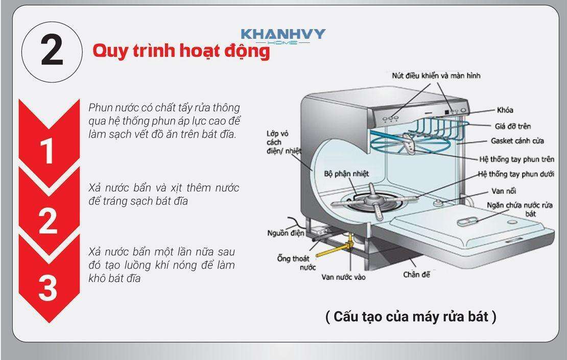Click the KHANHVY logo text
tap(283, 34)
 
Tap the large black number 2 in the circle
tap(52, 52)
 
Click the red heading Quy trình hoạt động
tap(181, 51)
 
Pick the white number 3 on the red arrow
tap(48, 287)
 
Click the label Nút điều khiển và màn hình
tap(436, 76)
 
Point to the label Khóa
tap(505, 110)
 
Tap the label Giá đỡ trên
tap(513, 126)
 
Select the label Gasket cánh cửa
tap(517, 140)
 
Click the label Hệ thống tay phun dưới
tap(516, 174)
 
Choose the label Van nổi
tap(503, 191)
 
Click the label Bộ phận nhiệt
tap(346, 174)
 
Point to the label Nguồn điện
tap(286, 233)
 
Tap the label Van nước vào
tap(344, 277)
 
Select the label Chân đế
tap(417, 275)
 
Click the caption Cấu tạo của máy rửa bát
tap(411, 317)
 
